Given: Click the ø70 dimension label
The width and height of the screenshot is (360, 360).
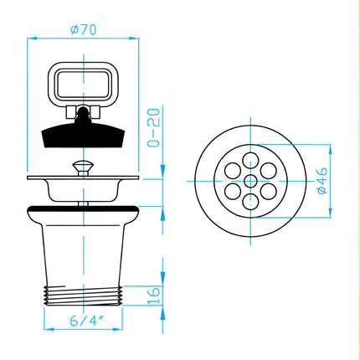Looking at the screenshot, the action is (83, 29).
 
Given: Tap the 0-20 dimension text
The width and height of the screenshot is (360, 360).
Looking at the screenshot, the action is (154, 127).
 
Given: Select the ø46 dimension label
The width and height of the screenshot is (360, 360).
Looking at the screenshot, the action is (321, 181).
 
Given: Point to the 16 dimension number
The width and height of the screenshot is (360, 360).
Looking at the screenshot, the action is (154, 296).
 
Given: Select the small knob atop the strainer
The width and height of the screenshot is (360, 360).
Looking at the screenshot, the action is (83, 167).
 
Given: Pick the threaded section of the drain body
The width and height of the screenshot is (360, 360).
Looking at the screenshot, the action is (83, 296).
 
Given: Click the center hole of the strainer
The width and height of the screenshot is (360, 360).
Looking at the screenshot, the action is (250, 181).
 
